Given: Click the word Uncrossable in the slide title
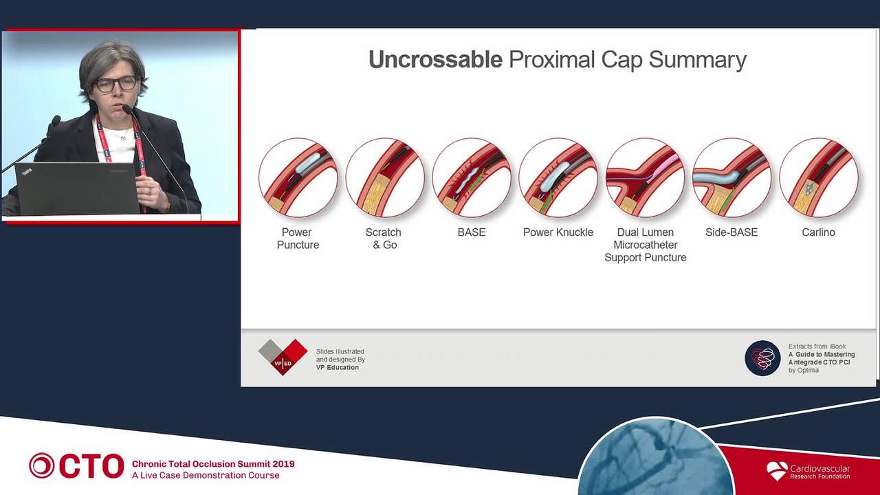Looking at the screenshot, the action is tap(435, 60).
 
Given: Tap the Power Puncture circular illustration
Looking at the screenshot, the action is tap(298, 177).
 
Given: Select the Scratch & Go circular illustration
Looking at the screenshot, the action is tap(385, 177).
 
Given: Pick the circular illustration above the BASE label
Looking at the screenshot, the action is tap(472, 177).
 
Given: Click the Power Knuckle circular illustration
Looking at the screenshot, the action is tap(558, 177).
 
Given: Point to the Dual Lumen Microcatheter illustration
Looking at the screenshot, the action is tap(645, 177).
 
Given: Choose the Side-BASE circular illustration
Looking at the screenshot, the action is tap(732, 177).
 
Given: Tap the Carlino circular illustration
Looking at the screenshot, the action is tap(819, 177).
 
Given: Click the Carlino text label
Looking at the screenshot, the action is tap(818, 232).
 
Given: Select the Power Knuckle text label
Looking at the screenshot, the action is tap(558, 232).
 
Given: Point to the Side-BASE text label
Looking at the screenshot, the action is tap(731, 232).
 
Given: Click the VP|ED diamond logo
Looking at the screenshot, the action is tap(283, 357).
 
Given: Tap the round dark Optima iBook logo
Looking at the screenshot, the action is tap(762, 358).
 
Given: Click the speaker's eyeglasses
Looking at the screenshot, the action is tap(116, 84).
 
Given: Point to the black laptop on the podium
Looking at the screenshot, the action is tap(77, 188).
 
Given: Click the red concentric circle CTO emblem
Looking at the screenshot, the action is tap(42, 465).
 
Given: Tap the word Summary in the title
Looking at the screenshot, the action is tap(697, 60).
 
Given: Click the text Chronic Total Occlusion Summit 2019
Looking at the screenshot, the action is tap(213, 464).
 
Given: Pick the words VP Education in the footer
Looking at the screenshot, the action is tap(338, 367).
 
